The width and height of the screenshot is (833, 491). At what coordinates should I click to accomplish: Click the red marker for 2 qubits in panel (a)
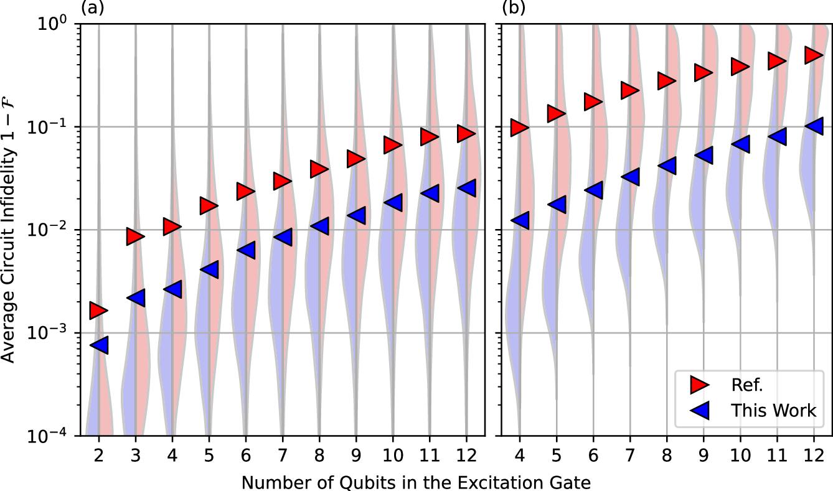98,311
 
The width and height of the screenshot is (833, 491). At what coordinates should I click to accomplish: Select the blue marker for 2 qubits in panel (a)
100,345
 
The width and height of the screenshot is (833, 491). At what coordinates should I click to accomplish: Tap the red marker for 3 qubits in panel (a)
134,236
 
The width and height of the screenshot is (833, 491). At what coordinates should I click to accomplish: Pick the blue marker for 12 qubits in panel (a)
467,187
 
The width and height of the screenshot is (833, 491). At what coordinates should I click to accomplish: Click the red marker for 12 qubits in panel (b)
813,55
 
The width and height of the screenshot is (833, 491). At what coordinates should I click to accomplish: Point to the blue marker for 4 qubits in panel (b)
520,220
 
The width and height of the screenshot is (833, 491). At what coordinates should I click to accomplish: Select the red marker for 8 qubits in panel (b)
666,81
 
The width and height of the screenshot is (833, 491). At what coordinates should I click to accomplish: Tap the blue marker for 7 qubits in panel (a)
283,236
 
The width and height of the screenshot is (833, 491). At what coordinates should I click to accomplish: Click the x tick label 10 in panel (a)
392,455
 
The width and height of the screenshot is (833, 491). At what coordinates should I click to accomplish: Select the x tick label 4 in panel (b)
519,455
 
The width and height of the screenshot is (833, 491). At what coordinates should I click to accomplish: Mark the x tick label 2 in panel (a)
98,455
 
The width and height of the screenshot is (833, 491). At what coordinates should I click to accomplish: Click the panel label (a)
90,8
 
